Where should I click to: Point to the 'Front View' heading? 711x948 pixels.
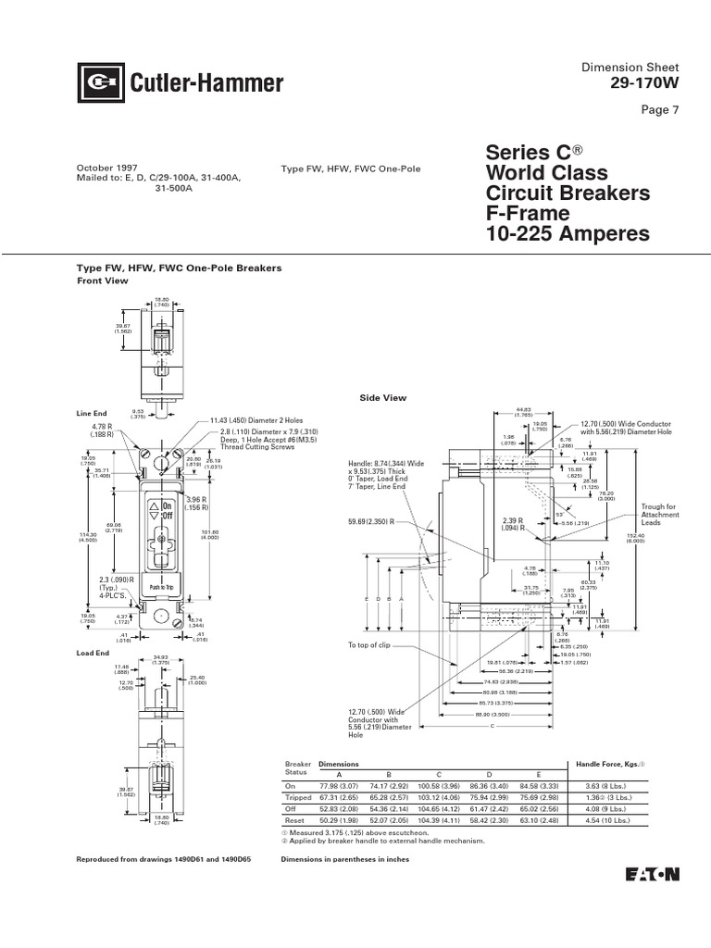(x=101, y=281)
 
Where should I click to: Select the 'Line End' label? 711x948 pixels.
(x=91, y=413)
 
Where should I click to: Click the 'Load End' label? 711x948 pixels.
(x=93, y=654)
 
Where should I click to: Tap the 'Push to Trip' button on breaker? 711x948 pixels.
(x=162, y=587)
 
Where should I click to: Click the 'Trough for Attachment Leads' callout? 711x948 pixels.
(x=659, y=515)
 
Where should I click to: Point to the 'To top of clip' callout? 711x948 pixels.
(x=371, y=644)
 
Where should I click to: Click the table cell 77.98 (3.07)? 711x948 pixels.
(x=338, y=784)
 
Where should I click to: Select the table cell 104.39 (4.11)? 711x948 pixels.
(x=440, y=818)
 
